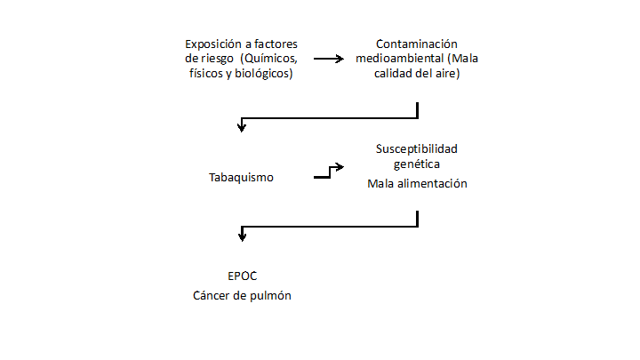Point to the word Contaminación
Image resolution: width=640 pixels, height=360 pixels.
tap(416, 44)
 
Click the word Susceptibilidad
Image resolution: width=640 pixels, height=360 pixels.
tap(417, 148)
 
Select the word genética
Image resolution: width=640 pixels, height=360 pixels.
tap(417, 164)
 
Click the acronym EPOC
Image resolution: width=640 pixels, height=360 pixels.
tap(242, 276)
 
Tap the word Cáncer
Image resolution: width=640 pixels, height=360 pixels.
tap(213, 295)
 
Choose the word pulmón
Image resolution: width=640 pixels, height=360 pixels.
tap(271, 295)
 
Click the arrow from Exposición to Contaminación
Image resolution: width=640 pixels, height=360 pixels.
tap(328, 59)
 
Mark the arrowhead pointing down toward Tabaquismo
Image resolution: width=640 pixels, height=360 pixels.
tap(241, 128)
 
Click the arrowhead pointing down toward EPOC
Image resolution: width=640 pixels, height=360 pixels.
tap(241, 236)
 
